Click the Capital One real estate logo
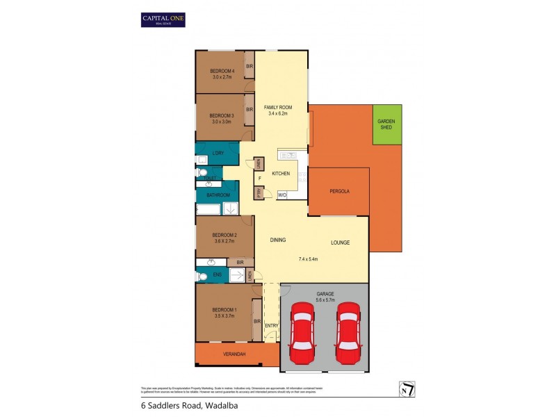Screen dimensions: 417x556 pos(163,19)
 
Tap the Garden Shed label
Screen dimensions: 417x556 pos(386,124)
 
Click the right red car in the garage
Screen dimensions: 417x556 pos(347,334)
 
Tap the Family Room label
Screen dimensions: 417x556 pos(278,108)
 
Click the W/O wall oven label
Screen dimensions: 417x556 pos(282,196)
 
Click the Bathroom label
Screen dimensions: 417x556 pos(218,195)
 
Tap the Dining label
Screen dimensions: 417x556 pos(279,240)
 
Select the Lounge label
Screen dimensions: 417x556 pos(340,243)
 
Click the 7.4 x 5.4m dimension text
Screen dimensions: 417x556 pos(308,259)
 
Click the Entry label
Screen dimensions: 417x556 pos(271,325)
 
